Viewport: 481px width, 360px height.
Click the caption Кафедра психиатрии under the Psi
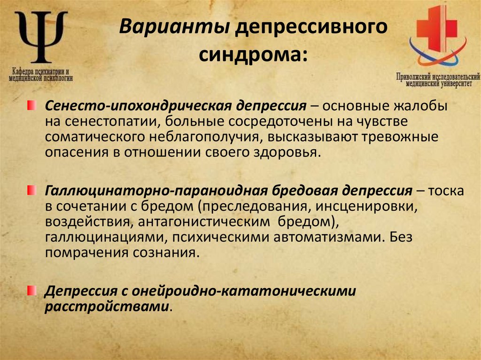pos(41,75)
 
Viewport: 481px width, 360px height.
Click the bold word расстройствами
pos(107,306)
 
